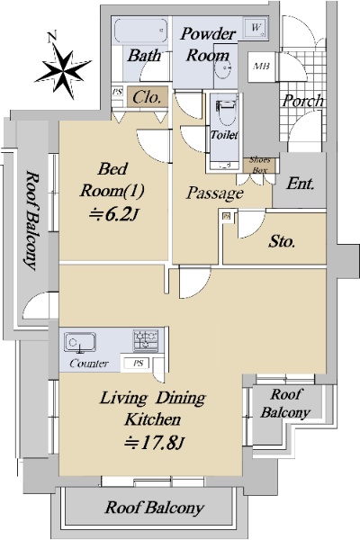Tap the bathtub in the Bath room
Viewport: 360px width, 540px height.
pyautogui.click(x=141, y=31)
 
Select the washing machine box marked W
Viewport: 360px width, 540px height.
pyautogui.click(x=256, y=27)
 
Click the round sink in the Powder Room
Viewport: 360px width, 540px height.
pyautogui.click(x=222, y=71)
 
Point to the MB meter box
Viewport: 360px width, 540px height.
pyautogui.click(x=261, y=67)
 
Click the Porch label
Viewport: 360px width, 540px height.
pyautogui.click(x=303, y=101)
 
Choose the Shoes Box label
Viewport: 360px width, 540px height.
pyautogui.click(x=259, y=165)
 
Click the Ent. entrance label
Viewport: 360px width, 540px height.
pyautogui.click(x=301, y=184)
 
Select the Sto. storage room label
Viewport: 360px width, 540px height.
pyautogui.click(x=282, y=241)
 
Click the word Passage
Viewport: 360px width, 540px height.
pyautogui.click(x=214, y=193)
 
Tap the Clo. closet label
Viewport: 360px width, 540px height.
pyautogui.click(x=147, y=97)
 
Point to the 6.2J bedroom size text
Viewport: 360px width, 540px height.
pyautogui.click(x=113, y=215)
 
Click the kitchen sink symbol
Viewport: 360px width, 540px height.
pyautogui.click(x=79, y=343)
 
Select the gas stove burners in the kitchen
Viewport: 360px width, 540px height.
pyautogui.click(x=146, y=341)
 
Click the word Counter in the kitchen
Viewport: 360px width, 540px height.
pyautogui.click(x=89, y=364)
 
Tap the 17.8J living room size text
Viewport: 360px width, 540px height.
pyautogui.click(x=155, y=443)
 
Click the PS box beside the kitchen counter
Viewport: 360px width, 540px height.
pyautogui.click(x=138, y=363)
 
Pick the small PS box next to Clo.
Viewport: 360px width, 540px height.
pyautogui.click(x=118, y=92)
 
